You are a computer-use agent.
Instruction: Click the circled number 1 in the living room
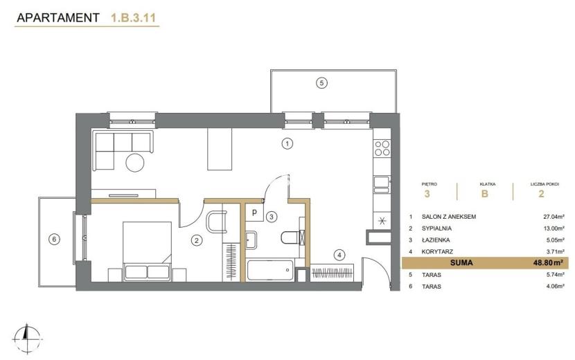tap(287, 143)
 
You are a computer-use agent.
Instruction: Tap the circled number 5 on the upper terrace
tap(321, 83)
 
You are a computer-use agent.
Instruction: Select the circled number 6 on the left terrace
tap(54, 240)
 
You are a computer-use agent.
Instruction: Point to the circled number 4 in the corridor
tap(339, 255)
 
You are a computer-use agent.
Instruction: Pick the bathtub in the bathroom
tap(270, 270)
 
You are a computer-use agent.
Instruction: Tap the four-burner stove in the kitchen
tap(382, 147)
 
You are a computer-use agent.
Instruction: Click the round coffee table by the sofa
tap(135, 162)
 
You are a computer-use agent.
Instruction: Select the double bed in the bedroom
tap(148, 251)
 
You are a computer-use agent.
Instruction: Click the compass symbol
tap(26, 339)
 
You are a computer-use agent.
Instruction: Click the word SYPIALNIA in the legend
tap(436, 228)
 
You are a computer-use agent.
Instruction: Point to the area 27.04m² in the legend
tap(554, 216)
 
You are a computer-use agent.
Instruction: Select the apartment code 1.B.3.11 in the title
tap(134, 18)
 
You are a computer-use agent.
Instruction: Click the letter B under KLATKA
tap(484, 194)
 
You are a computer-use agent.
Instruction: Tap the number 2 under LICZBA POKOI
tap(541, 194)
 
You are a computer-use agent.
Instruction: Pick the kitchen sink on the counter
tap(382, 184)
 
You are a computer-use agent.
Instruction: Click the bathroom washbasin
tap(251, 240)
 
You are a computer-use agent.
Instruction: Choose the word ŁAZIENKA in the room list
tap(436, 240)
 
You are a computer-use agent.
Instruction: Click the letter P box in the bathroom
tap(254, 213)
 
